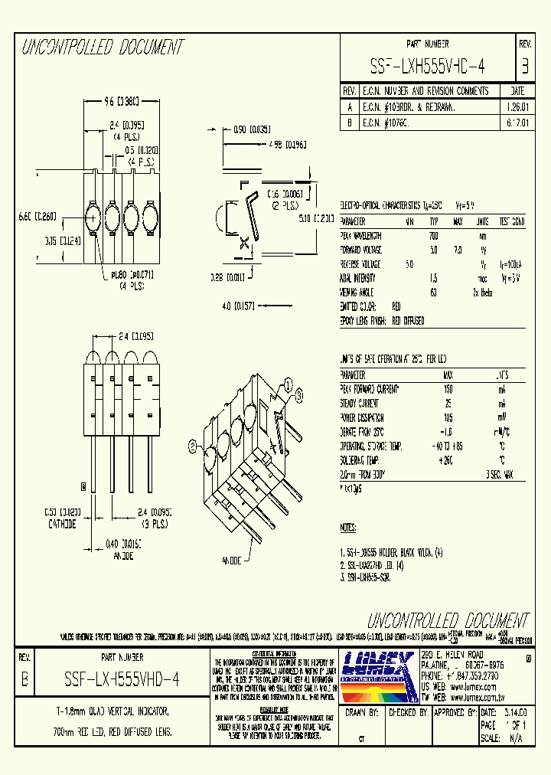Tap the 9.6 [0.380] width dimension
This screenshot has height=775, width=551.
(x=121, y=100)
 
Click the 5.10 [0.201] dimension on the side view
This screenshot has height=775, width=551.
(x=317, y=218)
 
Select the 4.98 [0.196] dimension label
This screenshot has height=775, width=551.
(x=287, y=142)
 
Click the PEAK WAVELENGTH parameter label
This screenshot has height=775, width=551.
(x=362, y=236)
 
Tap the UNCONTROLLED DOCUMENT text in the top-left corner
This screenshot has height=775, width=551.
(x=103, y=47)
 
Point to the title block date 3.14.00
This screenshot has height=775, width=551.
(x=514, y=712)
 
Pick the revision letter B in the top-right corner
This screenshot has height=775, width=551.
(x=524, y=67)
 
